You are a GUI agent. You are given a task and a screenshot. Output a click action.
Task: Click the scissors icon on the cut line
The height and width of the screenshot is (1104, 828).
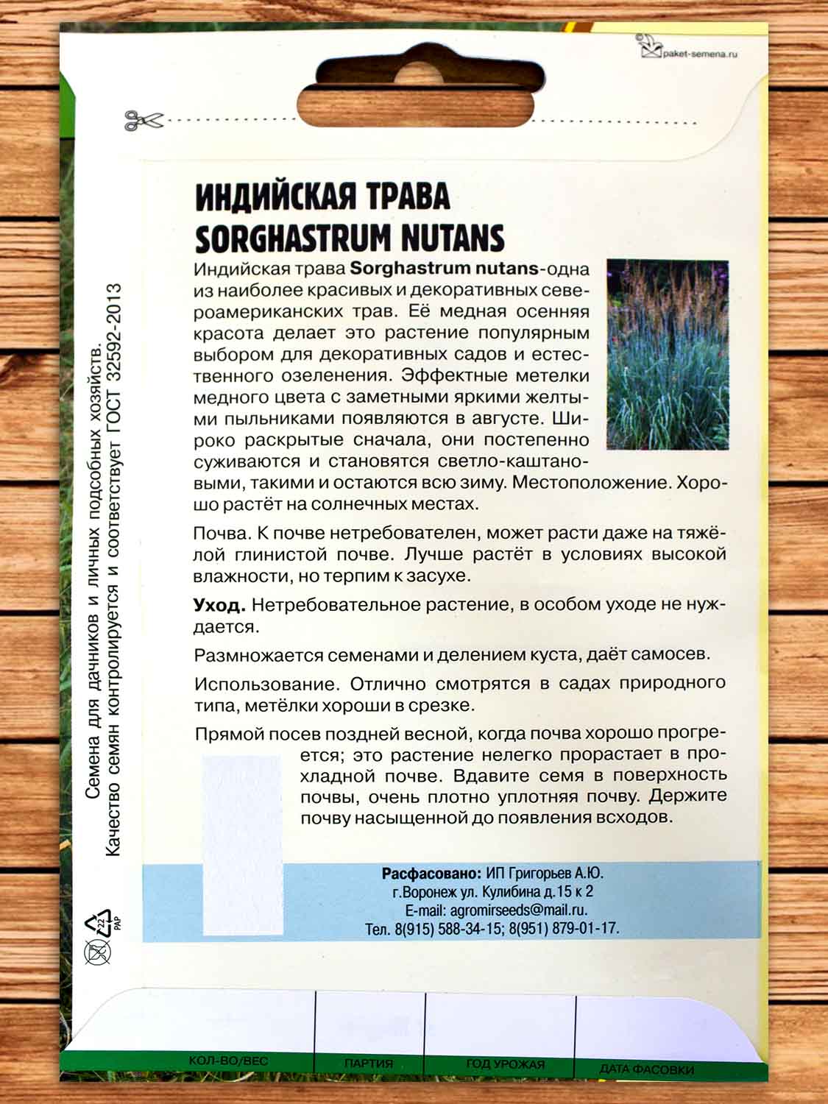click(136, 120)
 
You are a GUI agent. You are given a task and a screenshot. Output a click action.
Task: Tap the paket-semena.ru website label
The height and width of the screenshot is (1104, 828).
click(699, 53)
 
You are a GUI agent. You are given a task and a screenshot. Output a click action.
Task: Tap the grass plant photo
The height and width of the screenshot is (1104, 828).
click(667, 354)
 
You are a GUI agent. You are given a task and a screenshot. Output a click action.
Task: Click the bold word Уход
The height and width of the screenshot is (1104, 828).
click(218, 605)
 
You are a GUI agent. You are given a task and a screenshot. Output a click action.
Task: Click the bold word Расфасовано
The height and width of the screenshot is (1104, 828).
click(431, 874)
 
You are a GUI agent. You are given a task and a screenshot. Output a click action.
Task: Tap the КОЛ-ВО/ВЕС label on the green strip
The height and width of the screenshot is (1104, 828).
click(218, 1061)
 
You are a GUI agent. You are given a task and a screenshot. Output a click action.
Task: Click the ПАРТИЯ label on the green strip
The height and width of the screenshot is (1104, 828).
click(368, 1064)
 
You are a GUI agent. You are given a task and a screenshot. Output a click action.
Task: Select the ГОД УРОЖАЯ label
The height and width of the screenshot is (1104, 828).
click(505, 1064)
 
